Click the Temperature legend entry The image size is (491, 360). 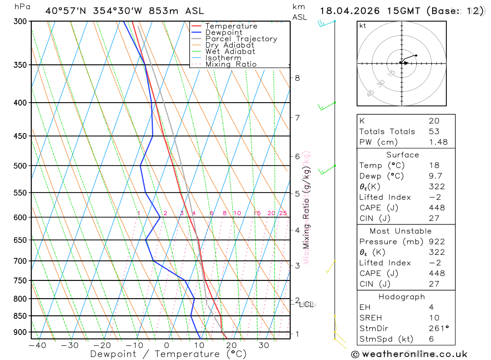(231, 26)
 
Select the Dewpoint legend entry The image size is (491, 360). (224, 32)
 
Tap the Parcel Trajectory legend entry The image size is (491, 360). (241, 39)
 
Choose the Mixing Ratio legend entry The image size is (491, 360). (231, 64)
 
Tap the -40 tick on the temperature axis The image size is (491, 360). (37, 345)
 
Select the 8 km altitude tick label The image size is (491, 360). (298, 78)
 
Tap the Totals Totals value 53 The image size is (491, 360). (434, 132)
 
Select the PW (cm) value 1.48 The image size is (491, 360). (438, 142)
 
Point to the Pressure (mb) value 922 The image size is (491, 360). (436, 242)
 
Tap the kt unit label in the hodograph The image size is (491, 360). (363, 26)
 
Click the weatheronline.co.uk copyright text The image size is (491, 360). (409, 354)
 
